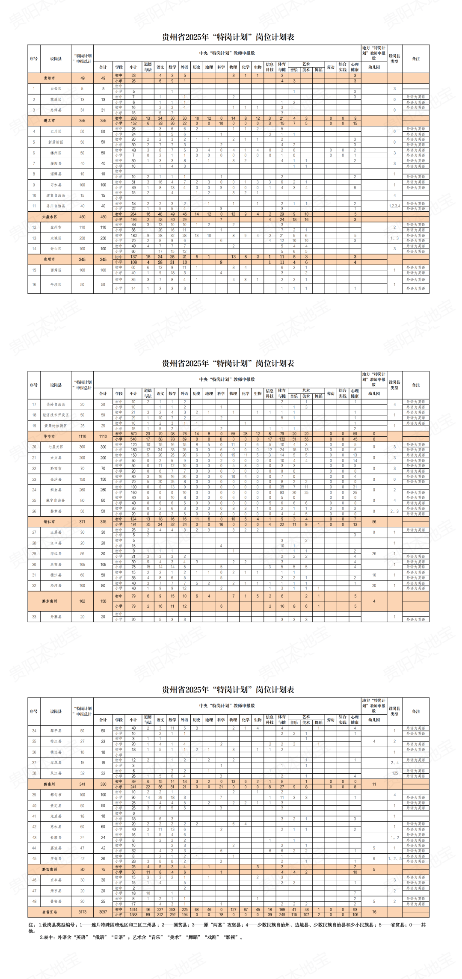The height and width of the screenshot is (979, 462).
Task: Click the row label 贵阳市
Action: (x=49, y=78)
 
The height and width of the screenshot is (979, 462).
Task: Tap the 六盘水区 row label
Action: (x=49, y=217)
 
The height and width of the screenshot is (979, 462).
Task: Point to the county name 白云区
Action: (x=56, y=89)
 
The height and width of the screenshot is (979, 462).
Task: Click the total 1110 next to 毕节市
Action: (x=83, y=436)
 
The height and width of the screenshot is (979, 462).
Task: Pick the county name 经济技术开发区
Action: (x=56, y=415)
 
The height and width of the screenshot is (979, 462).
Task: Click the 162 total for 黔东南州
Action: (x=83, y=601)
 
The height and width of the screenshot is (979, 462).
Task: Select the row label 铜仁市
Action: (x=49, y=522)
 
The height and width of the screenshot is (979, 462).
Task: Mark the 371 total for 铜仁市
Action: (x=83, y=522)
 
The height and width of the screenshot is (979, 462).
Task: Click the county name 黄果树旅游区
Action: (x=56, y=426)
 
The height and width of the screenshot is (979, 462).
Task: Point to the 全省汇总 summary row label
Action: (x=49, y=911)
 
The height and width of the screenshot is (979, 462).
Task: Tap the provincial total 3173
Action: (x=83, y=911)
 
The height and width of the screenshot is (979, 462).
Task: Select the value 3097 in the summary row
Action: (x=103, y=911)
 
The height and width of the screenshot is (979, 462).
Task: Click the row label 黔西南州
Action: (x=49, y=869)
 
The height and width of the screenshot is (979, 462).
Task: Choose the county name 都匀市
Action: (x=56, y=795)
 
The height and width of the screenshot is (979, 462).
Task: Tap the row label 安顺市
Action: (x=49, y=259)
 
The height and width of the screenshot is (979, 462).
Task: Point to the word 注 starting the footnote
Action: (x=31, y=925)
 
